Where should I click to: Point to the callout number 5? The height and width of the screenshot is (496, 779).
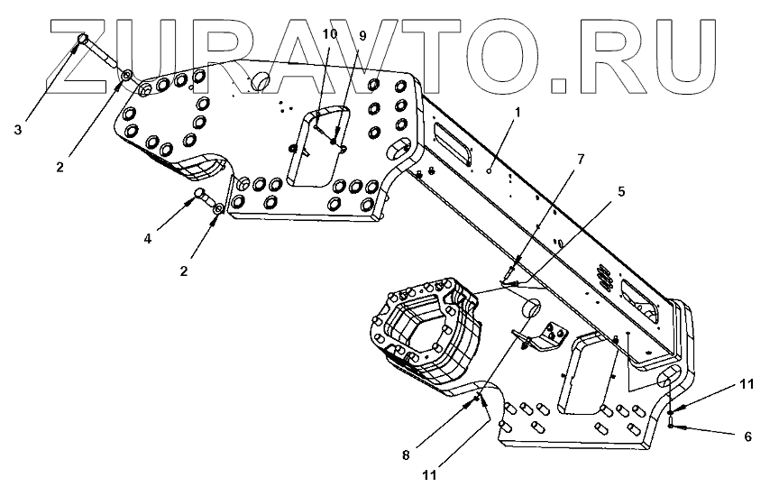coord(621,192)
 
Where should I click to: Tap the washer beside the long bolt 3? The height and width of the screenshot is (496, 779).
coord(128,77)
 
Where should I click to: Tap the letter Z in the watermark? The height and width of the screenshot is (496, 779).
coord(86,54)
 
